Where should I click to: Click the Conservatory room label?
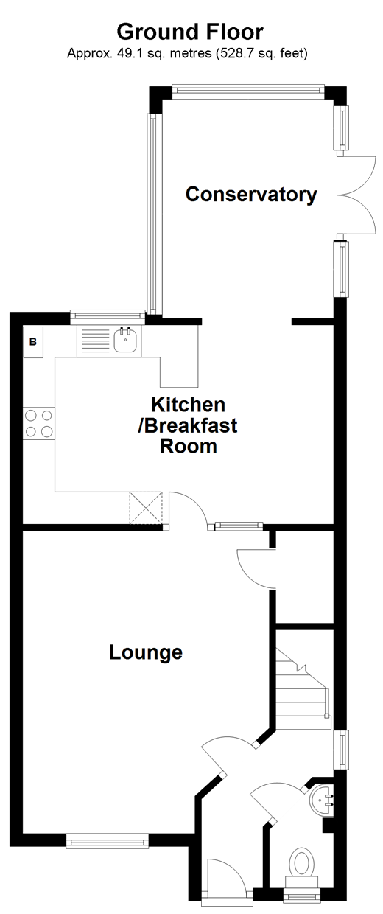click(x=251, y=195)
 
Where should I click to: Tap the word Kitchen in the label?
click(x=188, y=405)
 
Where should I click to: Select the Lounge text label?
click(x=146, y=652)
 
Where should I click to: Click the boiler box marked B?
click(x=33, y=342)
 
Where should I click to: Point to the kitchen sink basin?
click(x=126, y=341)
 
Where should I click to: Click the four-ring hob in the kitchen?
click(x=39, y=424)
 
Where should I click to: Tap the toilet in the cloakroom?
click(x=301, y=864)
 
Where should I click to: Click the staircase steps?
click(x=302, y=685)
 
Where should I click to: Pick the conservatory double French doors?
click(x=357, y=195)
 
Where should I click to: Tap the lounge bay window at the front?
click(x=108, y=840)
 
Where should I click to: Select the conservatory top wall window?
click(x=248, y=91)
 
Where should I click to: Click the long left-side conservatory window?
click(x=152, y=214)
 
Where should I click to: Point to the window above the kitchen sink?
click(x=108, y=317)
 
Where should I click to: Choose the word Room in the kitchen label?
click(x=189, y=446)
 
